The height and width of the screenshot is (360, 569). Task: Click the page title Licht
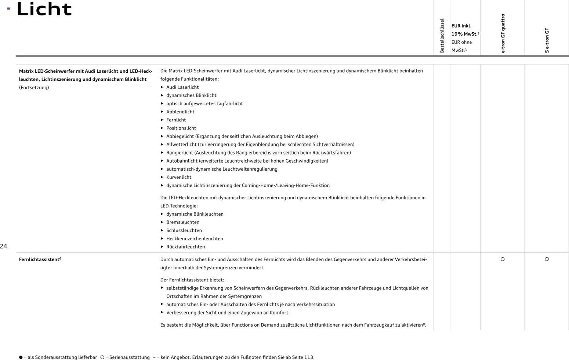pyautogui.click(x=44, y=9)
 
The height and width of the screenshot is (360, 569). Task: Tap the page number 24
pyautogui.click(x=4, y=246)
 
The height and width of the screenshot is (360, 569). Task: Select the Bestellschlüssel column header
pyautogui.click(x=442, y=36)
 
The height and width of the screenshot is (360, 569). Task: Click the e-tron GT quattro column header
pyautogui.click(x=503, y=33)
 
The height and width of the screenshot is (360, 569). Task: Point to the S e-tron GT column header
pyautogui.click(x=547, y=40)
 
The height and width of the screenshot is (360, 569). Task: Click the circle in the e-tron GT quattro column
pyautogui.click(x=503, y=259)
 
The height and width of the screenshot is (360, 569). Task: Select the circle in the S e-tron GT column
pyautogui.click(x=547, y=259)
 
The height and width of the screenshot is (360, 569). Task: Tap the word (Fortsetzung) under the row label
pyautogui.click(x=34, y=88)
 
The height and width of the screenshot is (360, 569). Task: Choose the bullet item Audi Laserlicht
pyautogui.click(x=182, y=87)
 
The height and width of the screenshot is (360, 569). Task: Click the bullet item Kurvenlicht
pyautogui.click(x=179, y=177)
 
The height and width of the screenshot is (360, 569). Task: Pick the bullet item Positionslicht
pyautogui.click(x=181, y=128)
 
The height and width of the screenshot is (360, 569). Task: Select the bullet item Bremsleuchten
pyautogui.click(x=183, y=222)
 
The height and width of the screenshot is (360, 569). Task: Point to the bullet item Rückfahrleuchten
pyautogui.click(x=185, y=247)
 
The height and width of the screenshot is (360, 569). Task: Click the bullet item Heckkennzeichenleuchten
pyautogui.click(x=195, y=239)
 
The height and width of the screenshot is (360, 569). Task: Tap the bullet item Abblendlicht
pyautogui.click(x=180, y=112)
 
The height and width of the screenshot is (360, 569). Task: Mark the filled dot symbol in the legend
pyautogui.click(x=21, y=357)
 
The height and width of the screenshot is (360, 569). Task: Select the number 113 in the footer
pyautogui.click(x=309, y=357)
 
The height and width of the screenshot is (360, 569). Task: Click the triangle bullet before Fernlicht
pyautogui.click(x=162, y=120)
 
